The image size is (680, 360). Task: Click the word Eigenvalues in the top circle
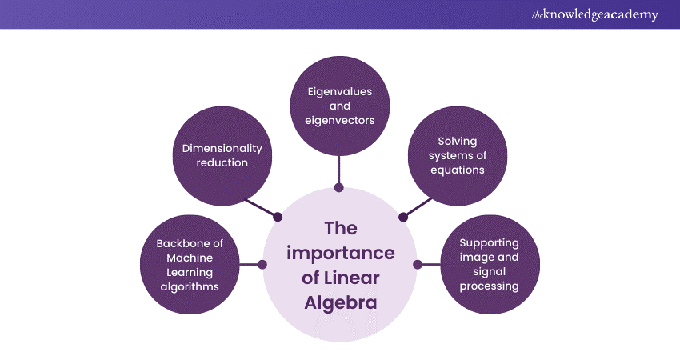(339, 91)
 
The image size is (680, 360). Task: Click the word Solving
(458, 142)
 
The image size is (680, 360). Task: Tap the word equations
(458, 170)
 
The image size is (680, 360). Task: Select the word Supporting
(490, 242)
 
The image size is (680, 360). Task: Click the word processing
(490, 286)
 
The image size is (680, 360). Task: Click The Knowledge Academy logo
(595, 14)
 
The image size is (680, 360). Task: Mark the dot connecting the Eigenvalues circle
(339, 187)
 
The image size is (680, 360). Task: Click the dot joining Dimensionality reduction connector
(278, 217)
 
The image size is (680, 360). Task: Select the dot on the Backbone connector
(262, 264)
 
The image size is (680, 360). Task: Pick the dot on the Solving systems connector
(402, 216)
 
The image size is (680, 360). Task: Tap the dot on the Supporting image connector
(417, 264)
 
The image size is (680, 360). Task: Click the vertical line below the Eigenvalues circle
(339, 170)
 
